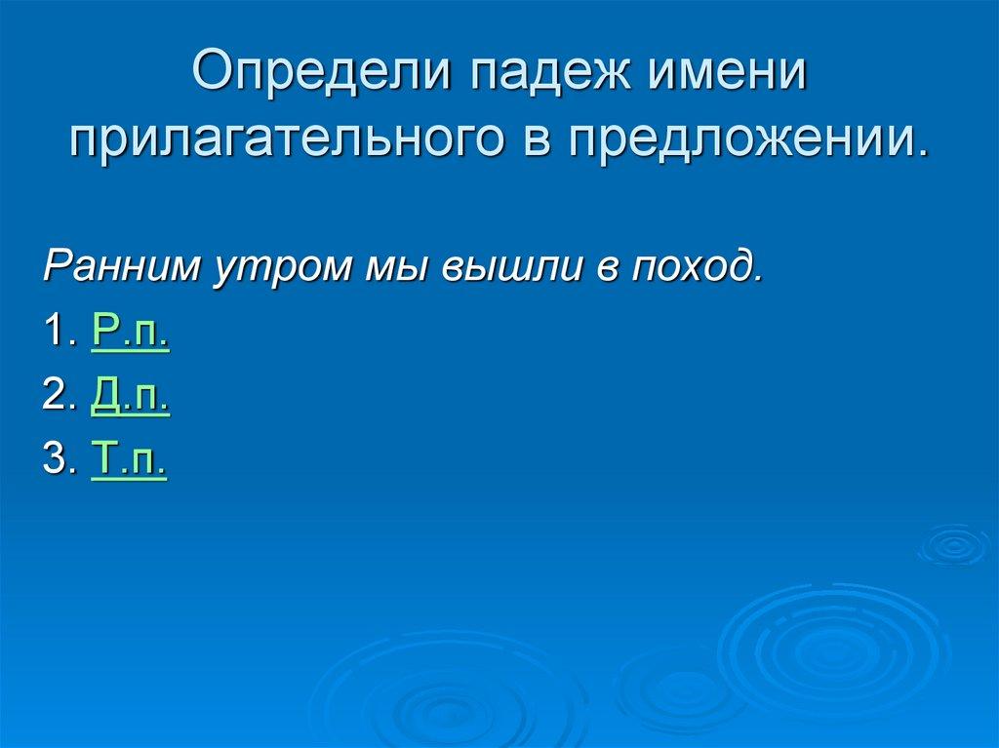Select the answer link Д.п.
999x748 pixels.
point(131,396)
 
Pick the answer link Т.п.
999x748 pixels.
point(129,459)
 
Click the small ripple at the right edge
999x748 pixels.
point(954,545)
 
